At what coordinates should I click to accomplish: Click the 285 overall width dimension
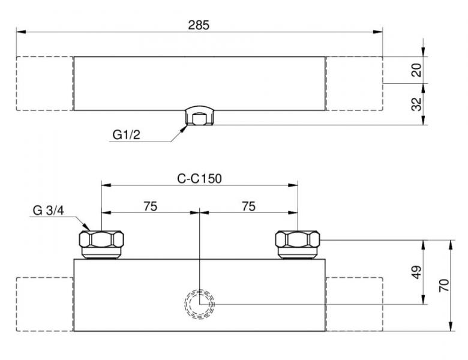pos(199,25)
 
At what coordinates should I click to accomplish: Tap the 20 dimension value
pos(416,70)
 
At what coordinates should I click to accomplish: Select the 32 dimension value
pos(416,104)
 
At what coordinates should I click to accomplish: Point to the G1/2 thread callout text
pos(126,135)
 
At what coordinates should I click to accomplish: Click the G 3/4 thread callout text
pos(49,211)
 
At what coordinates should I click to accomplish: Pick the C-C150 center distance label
pos(199,179)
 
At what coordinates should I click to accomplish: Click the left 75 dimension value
pos(151,206)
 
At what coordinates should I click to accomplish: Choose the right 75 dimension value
pos(248,206)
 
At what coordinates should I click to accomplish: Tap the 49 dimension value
pos(416,272)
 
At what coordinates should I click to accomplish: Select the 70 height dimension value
pos(444,286)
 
